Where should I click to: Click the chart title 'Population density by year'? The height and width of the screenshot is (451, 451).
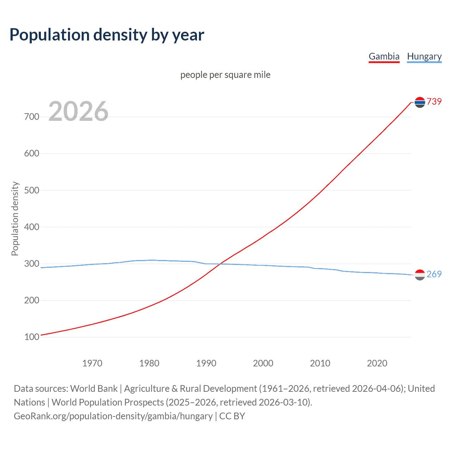click(107, 35)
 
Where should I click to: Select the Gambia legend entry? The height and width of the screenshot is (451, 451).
click(384, 56)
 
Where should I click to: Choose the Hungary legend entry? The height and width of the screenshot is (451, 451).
click(424, 56)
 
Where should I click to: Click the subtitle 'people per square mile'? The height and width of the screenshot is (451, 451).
click(225, 75)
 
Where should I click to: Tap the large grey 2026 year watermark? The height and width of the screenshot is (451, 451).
click(78, 111)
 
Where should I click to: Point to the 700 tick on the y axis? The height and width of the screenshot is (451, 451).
click(32, 117)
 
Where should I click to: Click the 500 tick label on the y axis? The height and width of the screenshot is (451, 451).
click(32, 190)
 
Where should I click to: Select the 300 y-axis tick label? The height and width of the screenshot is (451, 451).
click(32, 264)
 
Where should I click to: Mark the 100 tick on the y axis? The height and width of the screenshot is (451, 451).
click(32, 337)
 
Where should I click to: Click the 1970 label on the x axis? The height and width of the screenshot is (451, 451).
click(92, 363)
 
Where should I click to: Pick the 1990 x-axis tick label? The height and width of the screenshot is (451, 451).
click(206, 363)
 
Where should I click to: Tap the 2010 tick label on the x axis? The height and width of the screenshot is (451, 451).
click(320, 363)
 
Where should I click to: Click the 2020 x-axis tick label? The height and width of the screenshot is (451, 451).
click(377, 363)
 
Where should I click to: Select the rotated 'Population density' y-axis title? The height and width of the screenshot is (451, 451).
click(15, 218)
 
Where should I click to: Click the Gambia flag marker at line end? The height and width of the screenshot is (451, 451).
click(420, 102)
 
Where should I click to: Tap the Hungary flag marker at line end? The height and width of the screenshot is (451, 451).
click(420, 275)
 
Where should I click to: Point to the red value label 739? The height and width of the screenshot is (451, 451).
click(434, 101)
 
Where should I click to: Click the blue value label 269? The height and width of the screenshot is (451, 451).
click(434, 274)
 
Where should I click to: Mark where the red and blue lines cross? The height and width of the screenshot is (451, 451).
click(221, 264)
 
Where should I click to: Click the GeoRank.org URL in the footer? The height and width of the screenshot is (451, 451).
click(113, 416)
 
